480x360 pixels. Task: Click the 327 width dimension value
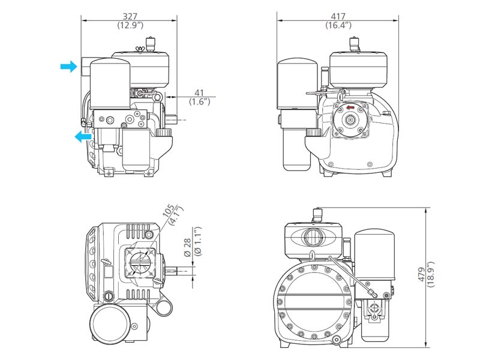pyautogui.click(x=130, y=16)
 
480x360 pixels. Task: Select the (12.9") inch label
pyautogui.click(x=130, y=25)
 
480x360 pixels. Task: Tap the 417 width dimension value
pyautogui.click(x=338, y=16)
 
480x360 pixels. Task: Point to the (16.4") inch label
pyautogui.click(x=338, y=25)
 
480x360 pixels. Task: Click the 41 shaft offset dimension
pyautogui.click(x=199, y=92)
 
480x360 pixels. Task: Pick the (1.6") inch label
pyautogui.click(x=199, y=102)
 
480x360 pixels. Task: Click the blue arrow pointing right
pyautogui.click(x=68, y=67)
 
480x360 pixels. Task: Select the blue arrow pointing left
pyautogui.click(x=83, y=137)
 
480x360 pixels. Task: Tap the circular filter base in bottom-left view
pyautogui.click(x=111, y=325)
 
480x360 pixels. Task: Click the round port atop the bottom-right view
pyautogui.click(x=313, y=235)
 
